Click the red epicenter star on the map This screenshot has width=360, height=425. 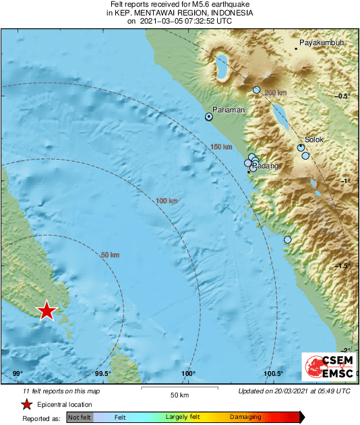[x=47, y=310]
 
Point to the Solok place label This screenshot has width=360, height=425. [x=314, y=140]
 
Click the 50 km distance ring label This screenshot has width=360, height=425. [x=110, y=255]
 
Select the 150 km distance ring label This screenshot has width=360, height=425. [x=220, y=147]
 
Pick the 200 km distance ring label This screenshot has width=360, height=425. [x=275, y=93]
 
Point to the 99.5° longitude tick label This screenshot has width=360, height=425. [x=102, y=374]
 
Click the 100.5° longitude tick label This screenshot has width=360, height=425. [x=273, y=374]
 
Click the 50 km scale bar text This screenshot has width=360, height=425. [x=179, y=394]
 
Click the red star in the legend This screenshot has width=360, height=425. [x=26, y=404]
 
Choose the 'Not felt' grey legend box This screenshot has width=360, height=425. [x=80, y=418]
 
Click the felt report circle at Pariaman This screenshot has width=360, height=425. [x=209, y=117]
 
